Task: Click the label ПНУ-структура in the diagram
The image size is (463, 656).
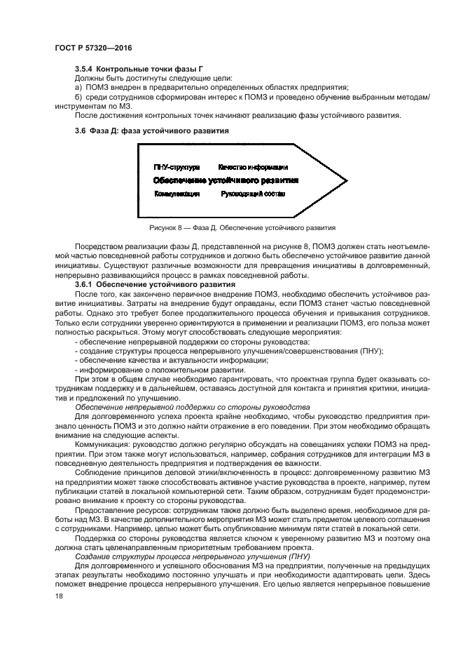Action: [x=177, y=168]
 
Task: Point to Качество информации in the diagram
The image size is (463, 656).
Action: [x=253, y=168]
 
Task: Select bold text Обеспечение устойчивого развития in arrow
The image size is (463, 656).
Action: [x=226, y=180]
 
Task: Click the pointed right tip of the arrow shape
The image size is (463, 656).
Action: [x=341, y=180]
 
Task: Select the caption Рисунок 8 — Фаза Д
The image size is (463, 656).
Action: [x=242, y=228]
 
